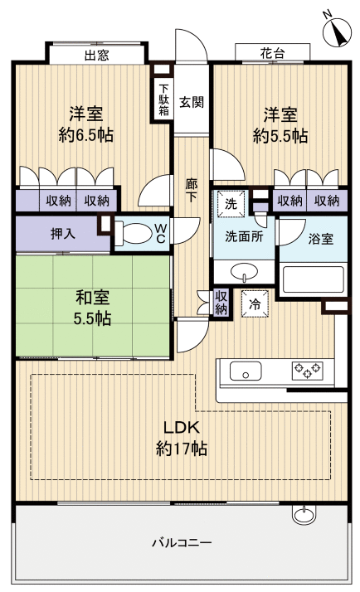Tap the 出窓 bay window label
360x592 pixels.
[x=98, y=55]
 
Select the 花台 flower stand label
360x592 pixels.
[x=272, y=53]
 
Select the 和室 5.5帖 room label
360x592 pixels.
[x=91, y=308]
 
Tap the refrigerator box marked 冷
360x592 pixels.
[x=255, y=303]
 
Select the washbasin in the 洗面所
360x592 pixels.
[x=243, y=271]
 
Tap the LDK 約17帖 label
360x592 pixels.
[x=181, y=438]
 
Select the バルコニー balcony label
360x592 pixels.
[x=181, y=544]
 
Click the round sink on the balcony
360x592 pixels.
[x=304, y=515]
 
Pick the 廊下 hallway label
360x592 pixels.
[x=191, y=193]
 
